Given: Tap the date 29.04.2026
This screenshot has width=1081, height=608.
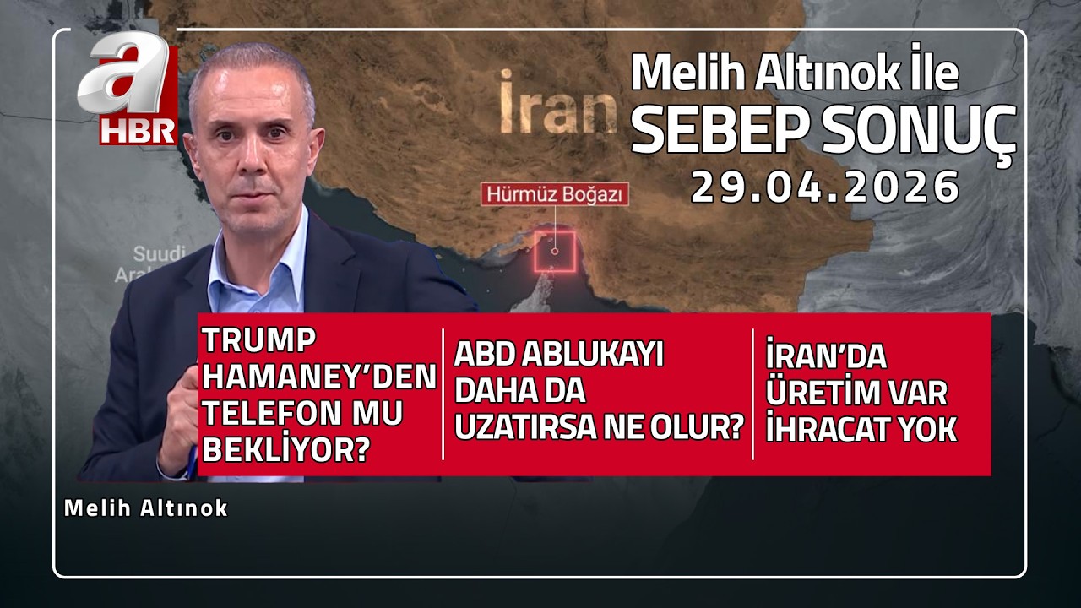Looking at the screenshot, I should click(825, 187).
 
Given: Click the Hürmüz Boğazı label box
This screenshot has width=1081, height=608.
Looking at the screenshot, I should click(556, 194).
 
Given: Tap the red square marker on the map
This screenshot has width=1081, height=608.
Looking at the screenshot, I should click(555, 250).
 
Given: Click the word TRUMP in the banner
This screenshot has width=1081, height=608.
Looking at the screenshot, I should click(258, 341).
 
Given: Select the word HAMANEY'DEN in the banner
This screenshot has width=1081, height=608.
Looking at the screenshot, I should click(319, 377).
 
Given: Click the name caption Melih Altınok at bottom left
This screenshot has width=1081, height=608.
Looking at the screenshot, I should click(146, 508).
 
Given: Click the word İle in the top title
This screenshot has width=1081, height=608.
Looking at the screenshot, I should click(931, 74).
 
